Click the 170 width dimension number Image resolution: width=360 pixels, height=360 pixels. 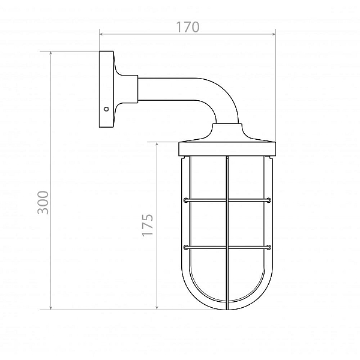click(188, 27)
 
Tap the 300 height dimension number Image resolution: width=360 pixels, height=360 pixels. click(43, 203)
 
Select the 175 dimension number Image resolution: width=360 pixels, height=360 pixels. click(147, 225)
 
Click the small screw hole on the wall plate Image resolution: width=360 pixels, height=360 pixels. click(106, 109)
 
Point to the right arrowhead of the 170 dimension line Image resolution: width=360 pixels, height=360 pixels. click(273, 34)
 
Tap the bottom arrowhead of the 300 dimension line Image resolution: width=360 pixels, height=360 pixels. click(51, 307)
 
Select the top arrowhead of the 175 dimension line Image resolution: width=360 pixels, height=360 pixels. click(157, 145)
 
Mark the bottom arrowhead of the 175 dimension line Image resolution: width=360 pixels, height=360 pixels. click(157, 307)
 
